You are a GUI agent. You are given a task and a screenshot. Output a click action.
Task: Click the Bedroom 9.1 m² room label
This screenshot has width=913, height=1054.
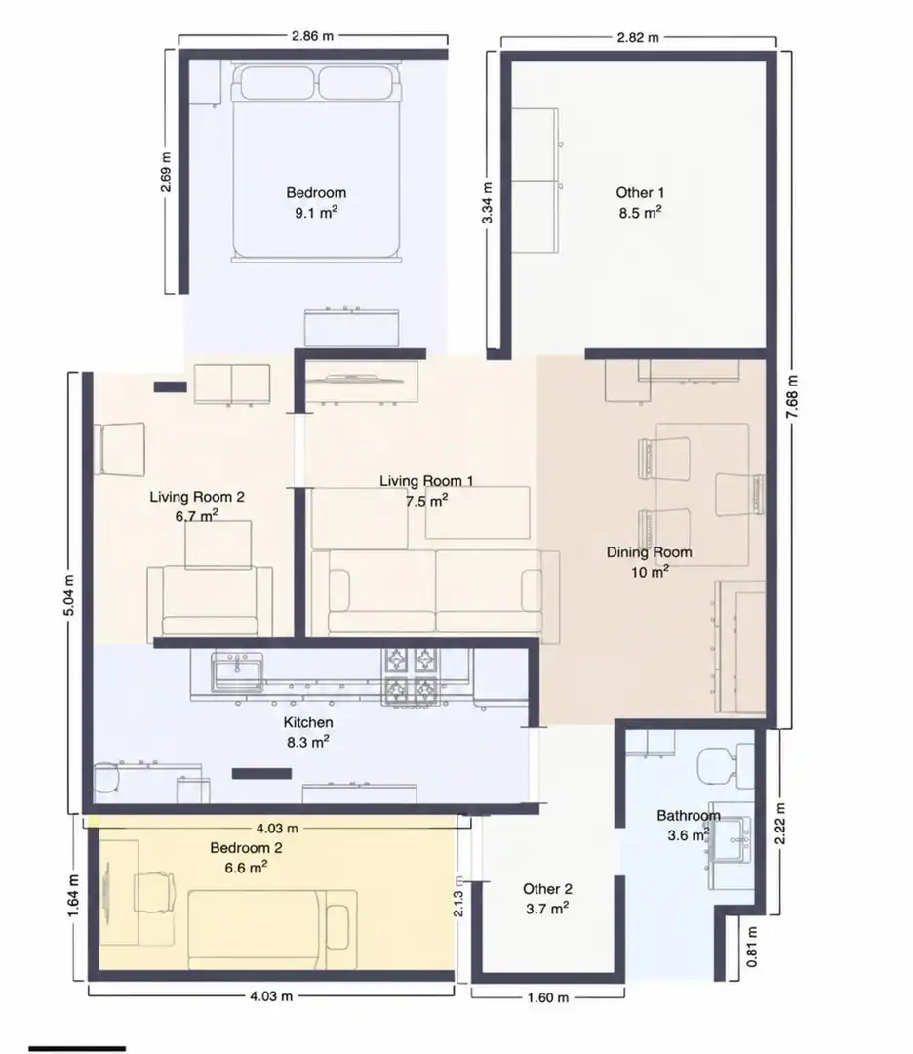click(316, 202)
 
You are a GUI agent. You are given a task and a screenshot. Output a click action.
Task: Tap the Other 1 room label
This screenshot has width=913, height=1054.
click(640, 202)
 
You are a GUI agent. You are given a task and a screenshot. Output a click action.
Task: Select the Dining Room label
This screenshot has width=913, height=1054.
click(649, 562)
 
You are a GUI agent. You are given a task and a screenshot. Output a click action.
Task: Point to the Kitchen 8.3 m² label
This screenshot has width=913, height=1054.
click(307, 732)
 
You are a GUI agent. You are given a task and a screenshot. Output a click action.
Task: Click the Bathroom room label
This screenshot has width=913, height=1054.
click(688, 826)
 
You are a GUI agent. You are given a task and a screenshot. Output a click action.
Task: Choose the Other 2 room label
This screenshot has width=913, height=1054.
click(547, 899)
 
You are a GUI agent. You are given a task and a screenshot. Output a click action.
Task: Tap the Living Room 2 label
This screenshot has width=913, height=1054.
click(196, 507)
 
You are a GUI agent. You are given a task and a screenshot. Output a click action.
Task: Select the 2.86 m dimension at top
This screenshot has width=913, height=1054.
click(312, 36)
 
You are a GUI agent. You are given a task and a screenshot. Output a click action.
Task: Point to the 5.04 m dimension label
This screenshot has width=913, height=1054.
click(69, 597)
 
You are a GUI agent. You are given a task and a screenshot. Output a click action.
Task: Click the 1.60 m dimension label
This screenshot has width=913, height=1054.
click(547, 997)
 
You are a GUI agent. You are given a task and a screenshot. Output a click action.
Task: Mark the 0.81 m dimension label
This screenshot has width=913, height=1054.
click(752, 947)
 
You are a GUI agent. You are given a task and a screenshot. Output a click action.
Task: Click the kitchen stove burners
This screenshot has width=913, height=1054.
click(411, 677)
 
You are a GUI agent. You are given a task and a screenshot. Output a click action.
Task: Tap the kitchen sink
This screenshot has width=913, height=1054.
click(237, 672)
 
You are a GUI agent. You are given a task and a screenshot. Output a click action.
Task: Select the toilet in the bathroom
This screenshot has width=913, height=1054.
click(726, 765)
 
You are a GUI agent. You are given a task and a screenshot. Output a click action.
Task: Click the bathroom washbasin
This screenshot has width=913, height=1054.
click(732, 839)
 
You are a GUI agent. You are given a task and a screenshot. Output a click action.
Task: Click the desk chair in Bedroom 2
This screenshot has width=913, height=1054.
click(154, 893)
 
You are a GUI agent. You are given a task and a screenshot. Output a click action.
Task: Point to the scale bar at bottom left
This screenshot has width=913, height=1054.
click(77, 1048)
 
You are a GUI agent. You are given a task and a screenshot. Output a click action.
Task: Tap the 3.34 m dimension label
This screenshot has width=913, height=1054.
click(489, 203)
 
